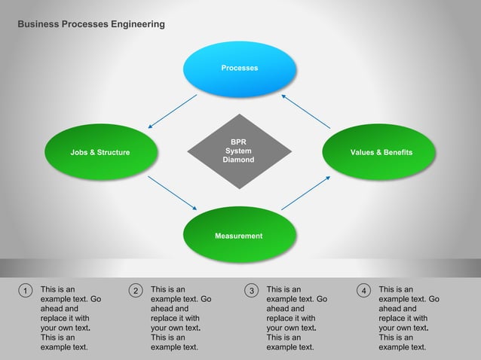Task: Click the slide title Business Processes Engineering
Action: pos(91,25)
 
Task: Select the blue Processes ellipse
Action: pos(240,69)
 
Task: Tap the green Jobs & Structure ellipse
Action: pos(100,153)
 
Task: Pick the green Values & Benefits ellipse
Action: pos(381,153)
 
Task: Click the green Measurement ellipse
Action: pos(239,236)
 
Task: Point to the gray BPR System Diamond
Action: pos(239,151)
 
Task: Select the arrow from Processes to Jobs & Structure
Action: pos(172,111)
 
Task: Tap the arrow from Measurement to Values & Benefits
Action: pos(306,193)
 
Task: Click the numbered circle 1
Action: pos(25,291)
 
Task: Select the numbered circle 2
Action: pos(136,291)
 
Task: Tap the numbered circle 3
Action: pos(252,291)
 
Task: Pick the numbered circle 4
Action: pos(363,291)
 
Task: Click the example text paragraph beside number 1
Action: pos(70,319)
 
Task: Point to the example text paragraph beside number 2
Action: pos(181,319)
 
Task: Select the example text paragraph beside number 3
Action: pos(297,319)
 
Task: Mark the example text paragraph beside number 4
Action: pos(409,319)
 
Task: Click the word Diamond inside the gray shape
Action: pos(239,160)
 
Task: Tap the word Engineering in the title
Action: pos(137,25)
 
